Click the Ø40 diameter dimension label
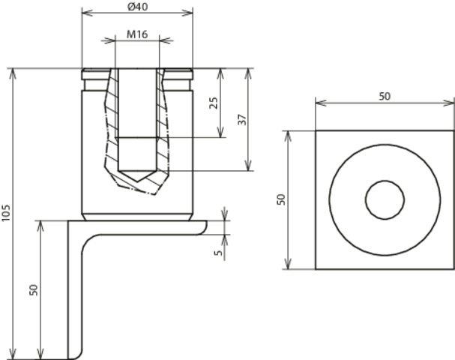(x=137, y=7)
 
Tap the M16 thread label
(x=137, y=34)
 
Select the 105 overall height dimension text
(x=6, y=213)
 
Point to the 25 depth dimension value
(x=214, y=103)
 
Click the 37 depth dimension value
(x=242, y=119)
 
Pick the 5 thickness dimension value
(x=218, y=253)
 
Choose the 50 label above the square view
(x=385, y=97)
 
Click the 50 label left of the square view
(x=281, y=199)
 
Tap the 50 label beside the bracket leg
(x=34, y=289)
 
